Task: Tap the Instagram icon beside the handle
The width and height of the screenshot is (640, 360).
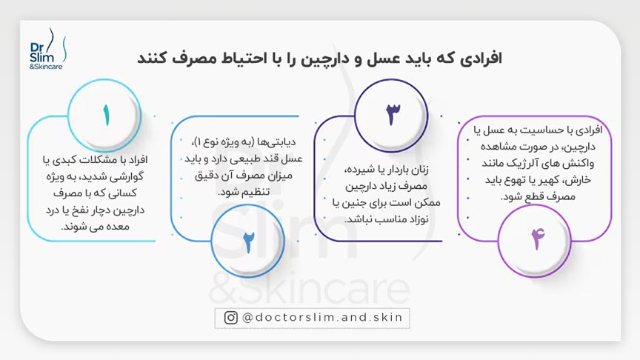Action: tap(232, 318)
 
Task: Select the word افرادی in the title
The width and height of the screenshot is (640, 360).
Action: tap(476, 59)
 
